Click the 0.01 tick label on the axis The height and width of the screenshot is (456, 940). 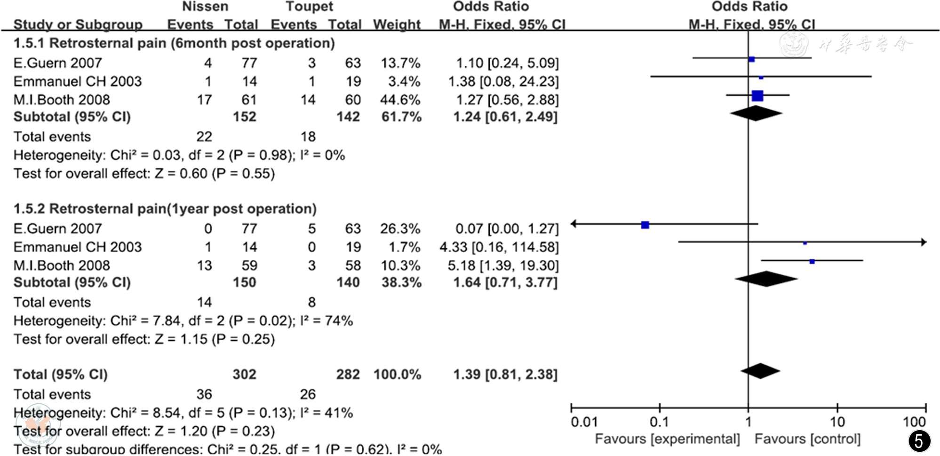click(x=584, y=422)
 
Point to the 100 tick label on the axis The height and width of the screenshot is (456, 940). click(x=914, y=422)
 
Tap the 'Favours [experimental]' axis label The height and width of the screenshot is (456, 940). click(x=667, y=439)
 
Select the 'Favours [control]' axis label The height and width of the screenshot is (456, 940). click(x=807, y=439)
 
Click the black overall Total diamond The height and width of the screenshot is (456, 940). click(x=760, y=371)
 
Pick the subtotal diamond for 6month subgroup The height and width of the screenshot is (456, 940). click(x=756, y=113)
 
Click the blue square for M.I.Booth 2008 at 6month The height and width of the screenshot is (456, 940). click(x=757, y=96)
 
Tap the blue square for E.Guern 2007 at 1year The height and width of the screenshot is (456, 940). click(x=645, y=225)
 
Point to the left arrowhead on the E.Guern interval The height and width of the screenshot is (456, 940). click(x=574, y=224)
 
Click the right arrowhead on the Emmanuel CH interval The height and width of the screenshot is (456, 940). click(x=924, y=242)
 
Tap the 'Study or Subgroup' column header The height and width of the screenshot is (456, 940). click(x=78, y=24)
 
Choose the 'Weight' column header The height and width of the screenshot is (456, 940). click(x=397, y=24)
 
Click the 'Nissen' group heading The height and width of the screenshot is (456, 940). click(x=205, y=7)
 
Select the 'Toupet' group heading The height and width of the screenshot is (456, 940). click(x=309, y=7)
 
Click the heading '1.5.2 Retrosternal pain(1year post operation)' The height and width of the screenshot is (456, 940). click(x=165, y=208)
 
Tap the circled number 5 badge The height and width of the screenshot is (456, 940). click(x=919, y=441)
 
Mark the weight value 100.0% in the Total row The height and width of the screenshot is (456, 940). click(x=397, y=375)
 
